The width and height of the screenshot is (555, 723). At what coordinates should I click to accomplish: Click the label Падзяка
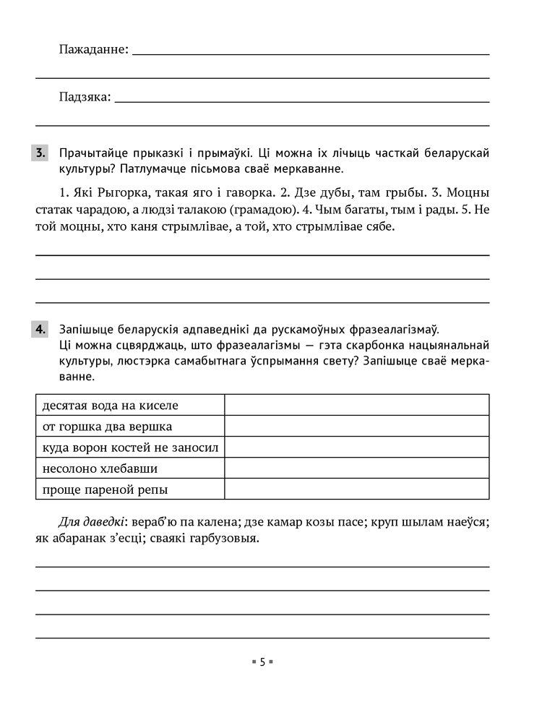[85, 97]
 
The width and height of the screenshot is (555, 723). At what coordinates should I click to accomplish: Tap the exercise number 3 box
[40, 153]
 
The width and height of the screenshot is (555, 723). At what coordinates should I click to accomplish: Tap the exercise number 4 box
[40, 330]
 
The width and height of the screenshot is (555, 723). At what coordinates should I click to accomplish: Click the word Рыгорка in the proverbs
[127, 194]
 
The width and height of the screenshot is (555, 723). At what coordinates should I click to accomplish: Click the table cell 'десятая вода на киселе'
[130, 405]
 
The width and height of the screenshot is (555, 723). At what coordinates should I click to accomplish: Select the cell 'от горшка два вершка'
[130, 427]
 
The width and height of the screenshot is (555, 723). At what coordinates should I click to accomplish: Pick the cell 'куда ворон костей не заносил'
[130, 448]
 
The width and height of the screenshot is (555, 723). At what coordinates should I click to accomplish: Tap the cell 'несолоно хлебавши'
[130, 469]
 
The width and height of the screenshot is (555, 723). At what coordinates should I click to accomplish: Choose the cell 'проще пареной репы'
[130, 489]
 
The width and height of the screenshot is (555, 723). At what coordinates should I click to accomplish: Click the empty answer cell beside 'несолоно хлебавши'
[356, 469]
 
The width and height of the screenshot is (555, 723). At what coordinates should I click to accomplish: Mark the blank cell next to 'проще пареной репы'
[356, 489]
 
